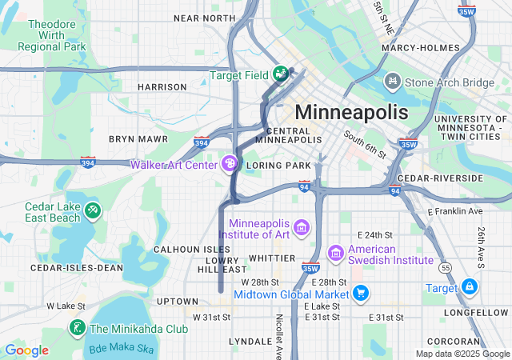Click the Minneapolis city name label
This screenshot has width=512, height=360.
pyautogui.click(x=351, y=111)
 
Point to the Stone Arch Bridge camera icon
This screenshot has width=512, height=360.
pyautogui.click(x=393, y=82)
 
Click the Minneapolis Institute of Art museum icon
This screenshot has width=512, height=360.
pyautogui.click(x=302, y=229)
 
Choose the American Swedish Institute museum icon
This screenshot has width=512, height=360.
pyautogui.click(x=336, y=254)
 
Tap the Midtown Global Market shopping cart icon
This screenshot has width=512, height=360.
pyautogui.click(x=361, y=294)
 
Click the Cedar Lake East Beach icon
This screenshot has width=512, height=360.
pyautogui.click(x=93, y=210)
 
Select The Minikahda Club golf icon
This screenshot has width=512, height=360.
pyautogui.click(x=78, y=328)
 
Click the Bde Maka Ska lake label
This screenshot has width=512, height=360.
pyautogui.click(x=121, y=348)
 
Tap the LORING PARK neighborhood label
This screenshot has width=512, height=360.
pyautogui.click(x=278, y=166)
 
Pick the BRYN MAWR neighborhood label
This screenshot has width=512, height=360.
pyautogui.click(x=138, y=138)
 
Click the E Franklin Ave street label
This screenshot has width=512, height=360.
pyautogui.click(x=455, y=211)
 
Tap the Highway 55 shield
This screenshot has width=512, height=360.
pyautogui.click(x=446, y=267)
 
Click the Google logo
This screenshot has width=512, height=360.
pyautogui.click(x=26, y=350)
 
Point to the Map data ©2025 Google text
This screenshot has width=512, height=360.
pyautogui.click(x=462, y=354)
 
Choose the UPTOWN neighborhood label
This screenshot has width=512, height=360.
pyautogui.click(x=178, y=301)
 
